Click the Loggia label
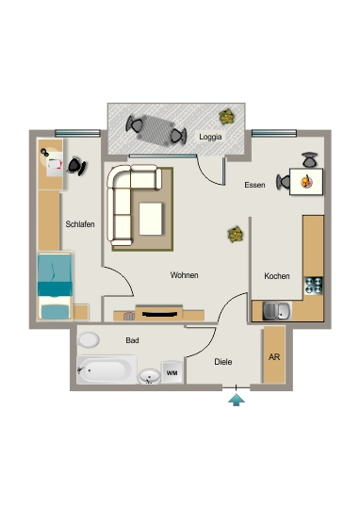tap(210, 137)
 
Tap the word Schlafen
tap(80, 224)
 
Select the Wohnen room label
tap(184, 275)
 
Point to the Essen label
tap(254, 185)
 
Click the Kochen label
tap(276, 276)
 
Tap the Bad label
tap(132, 340)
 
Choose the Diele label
tap(223, 362)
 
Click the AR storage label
tap(274, 357)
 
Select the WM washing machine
tap(172, 372)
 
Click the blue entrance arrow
tap(237, 400)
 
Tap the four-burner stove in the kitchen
tap(314, 286)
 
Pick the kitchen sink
tap(277, 311)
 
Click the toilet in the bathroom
tap(88, 340)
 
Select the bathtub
tap(106, 369)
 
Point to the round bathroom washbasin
tap(149, 376)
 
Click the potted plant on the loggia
tap(227, 117)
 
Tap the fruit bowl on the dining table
tap(306, 181)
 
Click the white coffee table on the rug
tap(151, 219)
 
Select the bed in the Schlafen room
tap(55, 286)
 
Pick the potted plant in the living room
tap(236, 235)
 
